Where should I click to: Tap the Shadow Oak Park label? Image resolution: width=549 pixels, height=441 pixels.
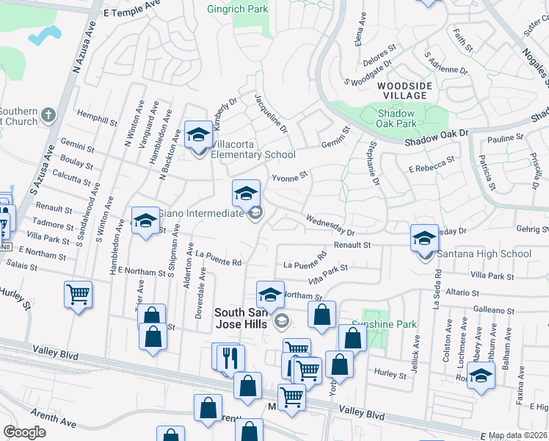[x=396, y=118]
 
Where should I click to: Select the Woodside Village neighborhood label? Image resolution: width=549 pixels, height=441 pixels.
[x=401, y=91]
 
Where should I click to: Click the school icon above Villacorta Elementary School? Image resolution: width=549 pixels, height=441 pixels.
[x=197, y=135]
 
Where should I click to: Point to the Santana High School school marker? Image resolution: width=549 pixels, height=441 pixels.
[x=424, y=239]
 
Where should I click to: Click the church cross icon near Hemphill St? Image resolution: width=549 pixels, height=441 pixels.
[x=48, y=115]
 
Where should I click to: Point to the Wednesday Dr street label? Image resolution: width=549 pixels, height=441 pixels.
[x=330, y=221]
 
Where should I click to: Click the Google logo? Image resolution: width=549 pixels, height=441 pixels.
[x=24, y=432]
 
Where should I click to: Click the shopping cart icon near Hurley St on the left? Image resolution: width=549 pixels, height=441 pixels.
[x=78, y=295]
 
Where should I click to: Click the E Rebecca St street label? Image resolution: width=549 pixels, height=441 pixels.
[x=432, y=169]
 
